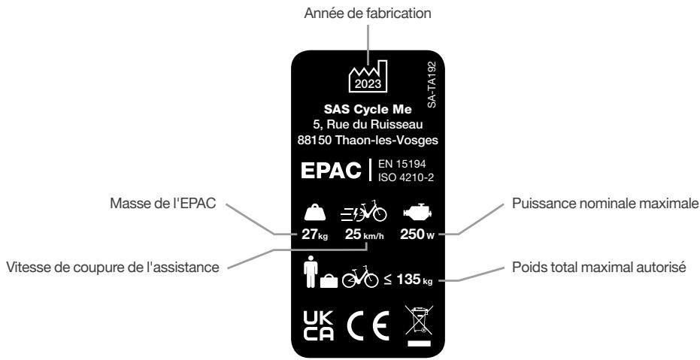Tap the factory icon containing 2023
[x=368, y=76]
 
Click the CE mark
[x=357, y=325]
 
